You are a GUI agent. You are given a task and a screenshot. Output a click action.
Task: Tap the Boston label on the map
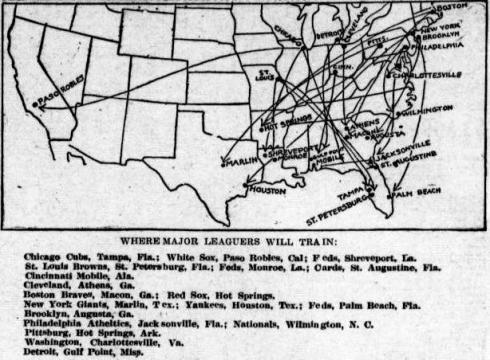(453, 8)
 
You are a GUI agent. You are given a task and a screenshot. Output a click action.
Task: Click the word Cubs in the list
(75, 257)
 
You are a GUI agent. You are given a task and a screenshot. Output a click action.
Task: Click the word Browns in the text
(86, 267)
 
